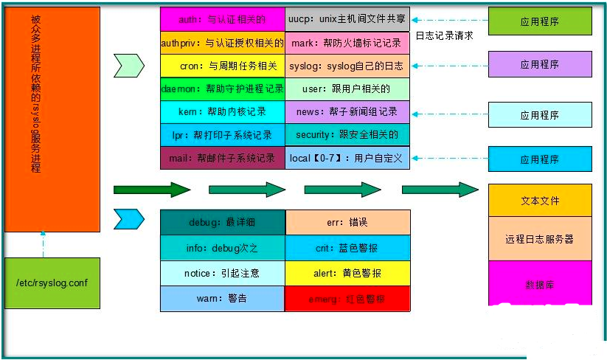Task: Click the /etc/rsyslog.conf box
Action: [52, 283]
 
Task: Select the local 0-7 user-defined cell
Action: [347, 158]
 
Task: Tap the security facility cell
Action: [347, 135]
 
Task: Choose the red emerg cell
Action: [347, 300]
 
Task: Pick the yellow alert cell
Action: [347, 273]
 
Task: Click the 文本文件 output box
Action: [540, 200]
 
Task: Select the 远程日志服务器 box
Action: [540, 238]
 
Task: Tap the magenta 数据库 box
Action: [540, 283]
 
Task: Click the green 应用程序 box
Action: [540, 21]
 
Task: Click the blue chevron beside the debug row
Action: [129, 219]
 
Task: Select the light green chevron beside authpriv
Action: [129, 66]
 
